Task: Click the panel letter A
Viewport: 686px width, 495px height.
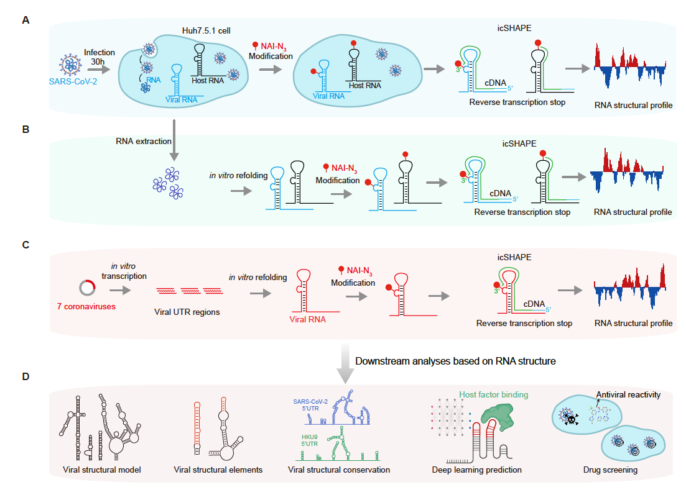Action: point(26,20)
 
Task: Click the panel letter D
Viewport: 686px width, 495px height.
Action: point(26,376)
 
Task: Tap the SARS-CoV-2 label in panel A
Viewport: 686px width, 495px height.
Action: point(73,82)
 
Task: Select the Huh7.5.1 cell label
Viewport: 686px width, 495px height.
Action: point(206,30)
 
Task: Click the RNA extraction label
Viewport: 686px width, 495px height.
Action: point(144,141)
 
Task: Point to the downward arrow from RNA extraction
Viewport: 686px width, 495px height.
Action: point(174,140)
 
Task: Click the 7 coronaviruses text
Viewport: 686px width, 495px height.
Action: point(86,307)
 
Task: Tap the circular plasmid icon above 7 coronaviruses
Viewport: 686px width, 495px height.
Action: point(88,288)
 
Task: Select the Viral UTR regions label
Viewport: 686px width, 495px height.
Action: point(187,312)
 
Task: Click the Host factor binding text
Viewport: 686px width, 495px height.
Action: point(493,394)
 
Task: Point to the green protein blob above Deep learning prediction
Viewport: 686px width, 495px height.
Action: point(498,416)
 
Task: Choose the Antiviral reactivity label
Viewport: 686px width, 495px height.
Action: point(628,394)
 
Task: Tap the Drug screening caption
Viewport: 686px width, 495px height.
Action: point(610,470)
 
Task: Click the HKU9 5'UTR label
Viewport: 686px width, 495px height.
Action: point(309,440)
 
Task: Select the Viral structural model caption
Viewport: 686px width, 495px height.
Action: point(102,470)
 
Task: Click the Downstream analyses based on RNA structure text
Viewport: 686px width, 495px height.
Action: point(455,361)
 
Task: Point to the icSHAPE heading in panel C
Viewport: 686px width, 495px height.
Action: point(514,257)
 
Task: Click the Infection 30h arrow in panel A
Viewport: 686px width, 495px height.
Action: point(99,68)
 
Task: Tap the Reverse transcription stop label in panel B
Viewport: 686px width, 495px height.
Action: point(522,212)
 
